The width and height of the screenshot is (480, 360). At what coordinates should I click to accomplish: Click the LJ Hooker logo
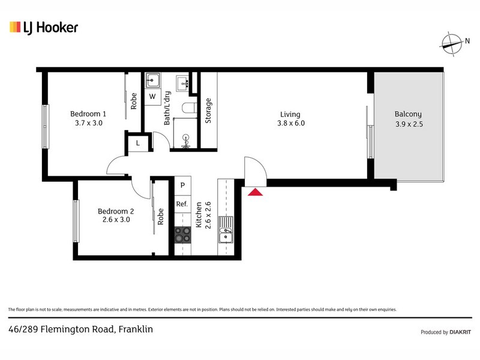point(43,27)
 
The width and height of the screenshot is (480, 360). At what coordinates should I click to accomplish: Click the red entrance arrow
point(255,192)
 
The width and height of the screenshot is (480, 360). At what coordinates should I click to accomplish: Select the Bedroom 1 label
point(88,114)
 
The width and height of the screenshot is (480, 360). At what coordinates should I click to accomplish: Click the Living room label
point(290,115)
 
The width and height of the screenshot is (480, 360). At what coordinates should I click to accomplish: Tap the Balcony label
point(408,114)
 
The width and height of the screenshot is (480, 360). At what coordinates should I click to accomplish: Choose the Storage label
point(208,110)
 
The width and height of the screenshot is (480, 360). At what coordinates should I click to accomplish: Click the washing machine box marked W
point(152,97)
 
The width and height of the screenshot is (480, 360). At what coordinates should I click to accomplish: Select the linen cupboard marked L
point(137,143)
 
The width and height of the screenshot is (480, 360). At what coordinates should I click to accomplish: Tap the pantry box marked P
point(182,186)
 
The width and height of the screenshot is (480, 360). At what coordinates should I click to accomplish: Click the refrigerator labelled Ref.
point(182,204)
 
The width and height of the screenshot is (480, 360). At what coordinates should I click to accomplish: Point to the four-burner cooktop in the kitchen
point(182,235)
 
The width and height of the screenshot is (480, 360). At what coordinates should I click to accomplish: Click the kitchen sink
point(226,231)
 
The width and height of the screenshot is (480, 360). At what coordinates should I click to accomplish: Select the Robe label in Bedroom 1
point(133,100)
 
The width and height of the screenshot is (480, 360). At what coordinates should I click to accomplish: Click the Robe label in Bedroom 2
point(160,216)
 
